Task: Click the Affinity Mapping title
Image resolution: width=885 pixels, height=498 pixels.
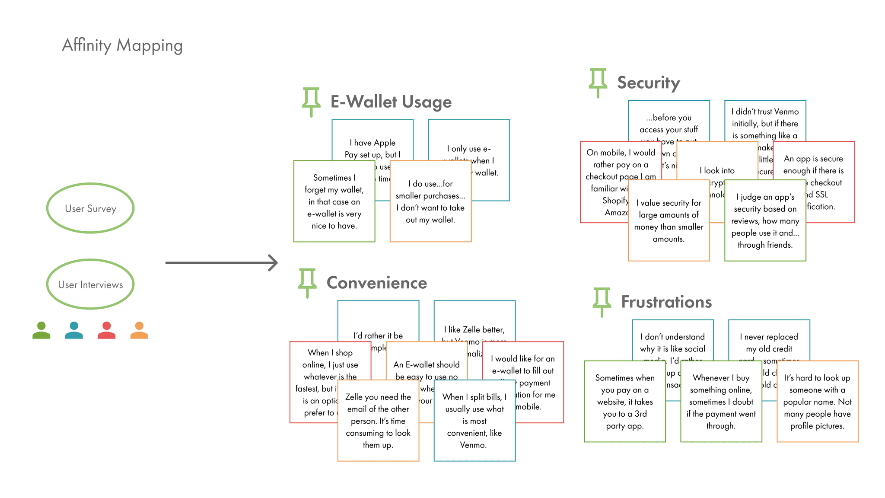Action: pos(122,45)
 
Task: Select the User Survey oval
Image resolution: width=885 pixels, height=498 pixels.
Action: pos(90,208)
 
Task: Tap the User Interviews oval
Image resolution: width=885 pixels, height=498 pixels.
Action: pos(90,284)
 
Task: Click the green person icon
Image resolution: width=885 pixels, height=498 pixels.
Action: pos(41,330)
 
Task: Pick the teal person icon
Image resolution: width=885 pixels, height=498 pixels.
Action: pos(74,330)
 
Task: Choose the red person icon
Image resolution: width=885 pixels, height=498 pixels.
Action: pos(107,330)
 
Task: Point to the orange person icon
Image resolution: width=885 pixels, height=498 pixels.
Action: pos(139,330)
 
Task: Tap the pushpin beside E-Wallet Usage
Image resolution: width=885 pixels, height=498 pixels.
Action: pos(311,102)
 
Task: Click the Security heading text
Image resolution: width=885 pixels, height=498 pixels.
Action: pos(648,83)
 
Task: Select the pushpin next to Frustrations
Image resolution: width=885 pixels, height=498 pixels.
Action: pos(602,302)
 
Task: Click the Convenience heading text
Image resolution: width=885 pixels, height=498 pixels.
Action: pos(377,283)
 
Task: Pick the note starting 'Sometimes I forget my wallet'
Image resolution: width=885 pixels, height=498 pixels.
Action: pos(334,201)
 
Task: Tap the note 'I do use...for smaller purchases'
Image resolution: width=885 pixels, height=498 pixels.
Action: pos(430,201)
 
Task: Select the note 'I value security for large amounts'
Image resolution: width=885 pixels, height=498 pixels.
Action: pos(669,221)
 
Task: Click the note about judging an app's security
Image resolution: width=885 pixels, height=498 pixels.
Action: pos(765,221)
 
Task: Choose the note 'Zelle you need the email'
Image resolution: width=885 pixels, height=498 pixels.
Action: pos(378,421)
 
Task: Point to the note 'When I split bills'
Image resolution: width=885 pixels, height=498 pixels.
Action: pos(474,421)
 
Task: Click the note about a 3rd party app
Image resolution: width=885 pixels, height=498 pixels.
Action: pos(624,402)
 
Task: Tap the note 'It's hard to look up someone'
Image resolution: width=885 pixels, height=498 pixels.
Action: pos(817,402)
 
